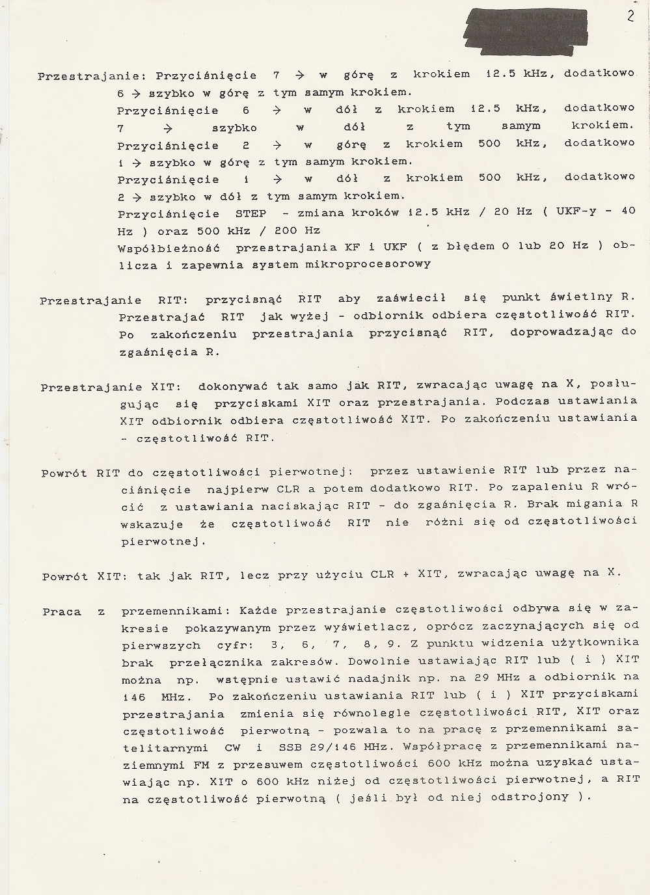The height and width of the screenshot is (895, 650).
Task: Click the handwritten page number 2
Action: (x=630, y=16)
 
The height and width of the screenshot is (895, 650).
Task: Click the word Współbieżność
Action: (x=169, y=247)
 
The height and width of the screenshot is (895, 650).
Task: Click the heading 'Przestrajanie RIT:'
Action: (x=109, y=301)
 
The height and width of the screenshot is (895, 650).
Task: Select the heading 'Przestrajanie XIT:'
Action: (x=110, y=387)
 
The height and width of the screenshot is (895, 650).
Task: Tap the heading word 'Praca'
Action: (x=62, y=611)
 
